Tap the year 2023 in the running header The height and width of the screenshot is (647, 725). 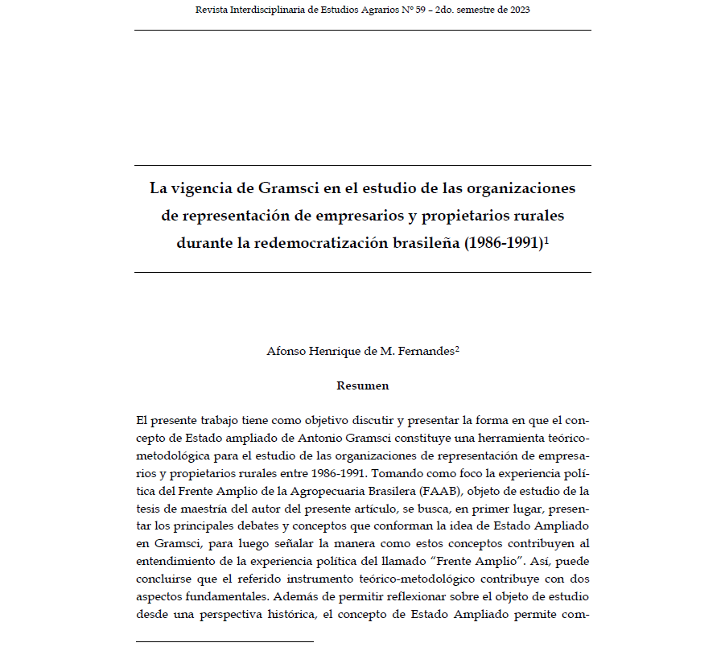pyautogui.click(x=517, y=10)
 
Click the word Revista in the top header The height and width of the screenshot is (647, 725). pyautogui.click(x=212, y=10)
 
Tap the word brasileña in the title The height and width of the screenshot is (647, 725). pyautogui.click(x=426, y=242)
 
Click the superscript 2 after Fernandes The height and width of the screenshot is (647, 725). pyautogui.click(x=457, y=348)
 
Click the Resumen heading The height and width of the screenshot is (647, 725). pyautogui.click(x=362, y=385)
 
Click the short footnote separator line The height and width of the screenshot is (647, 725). pyautogui.click(x=224, y=641)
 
